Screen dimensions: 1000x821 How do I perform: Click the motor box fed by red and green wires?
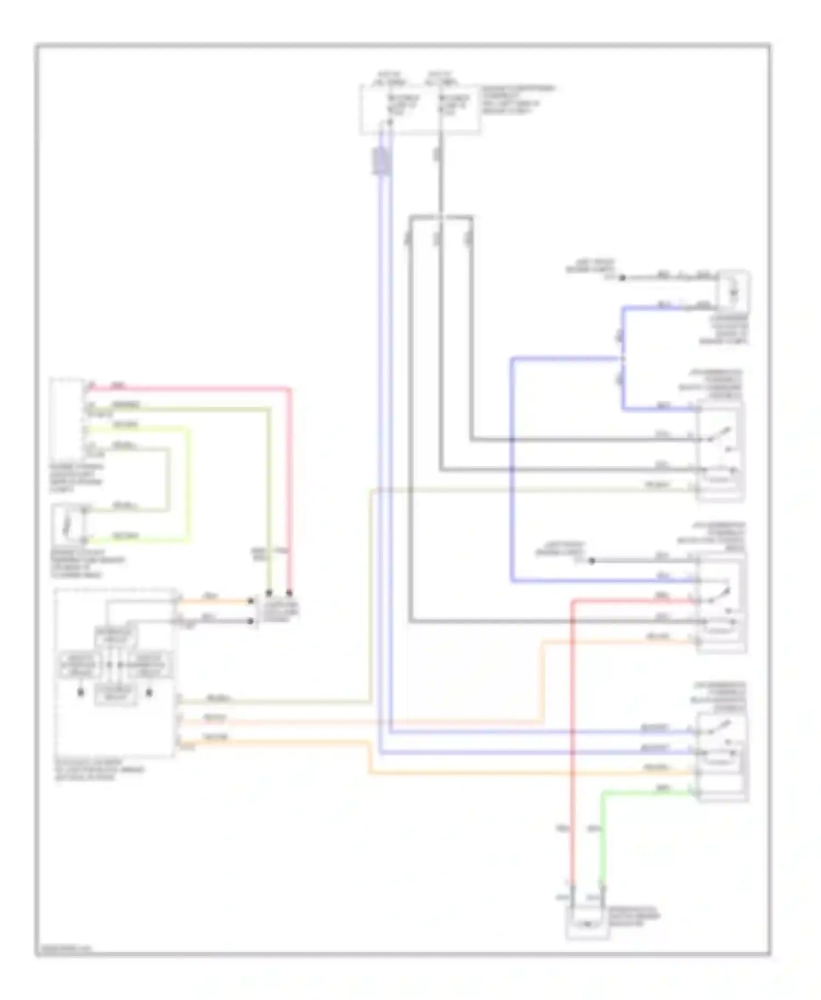587,923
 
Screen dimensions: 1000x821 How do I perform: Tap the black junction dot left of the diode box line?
622,278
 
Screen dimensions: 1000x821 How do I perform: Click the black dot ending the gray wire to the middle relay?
592,561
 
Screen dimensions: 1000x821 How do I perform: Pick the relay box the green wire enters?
721,758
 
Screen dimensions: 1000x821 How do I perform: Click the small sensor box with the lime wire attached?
68,524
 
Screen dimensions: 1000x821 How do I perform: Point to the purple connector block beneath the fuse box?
381,161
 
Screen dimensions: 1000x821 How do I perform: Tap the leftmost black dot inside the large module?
80,693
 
